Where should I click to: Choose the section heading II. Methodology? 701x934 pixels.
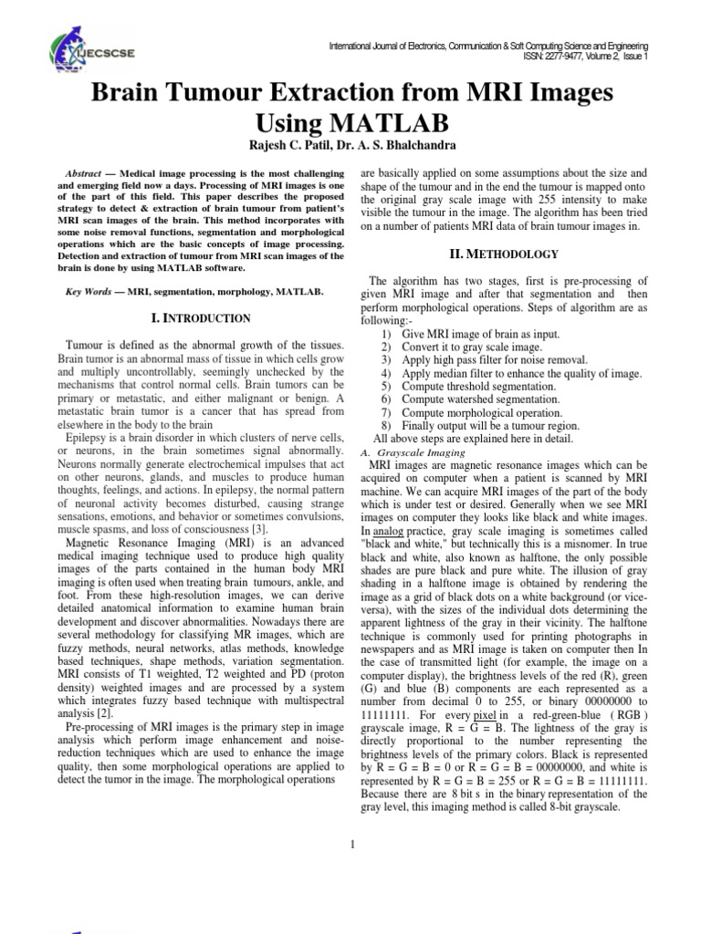[505, 253]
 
